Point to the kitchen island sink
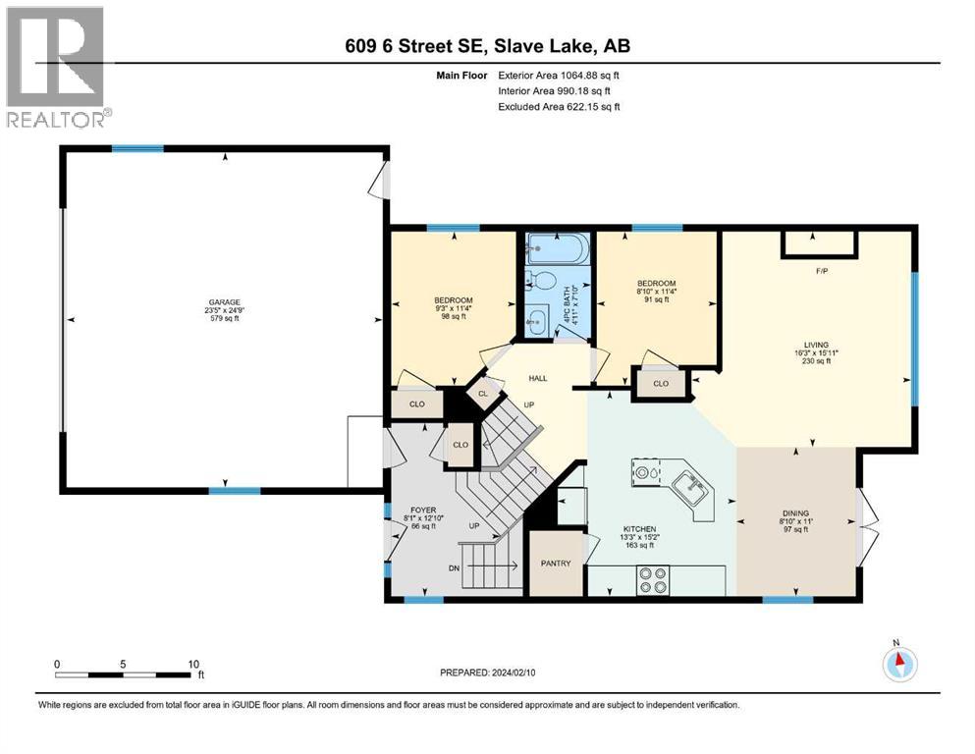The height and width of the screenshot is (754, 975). [686, 485]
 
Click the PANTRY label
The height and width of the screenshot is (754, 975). [557, 564]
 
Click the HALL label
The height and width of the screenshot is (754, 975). [538, 378]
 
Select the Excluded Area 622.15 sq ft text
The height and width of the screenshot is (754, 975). [559, 106]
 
